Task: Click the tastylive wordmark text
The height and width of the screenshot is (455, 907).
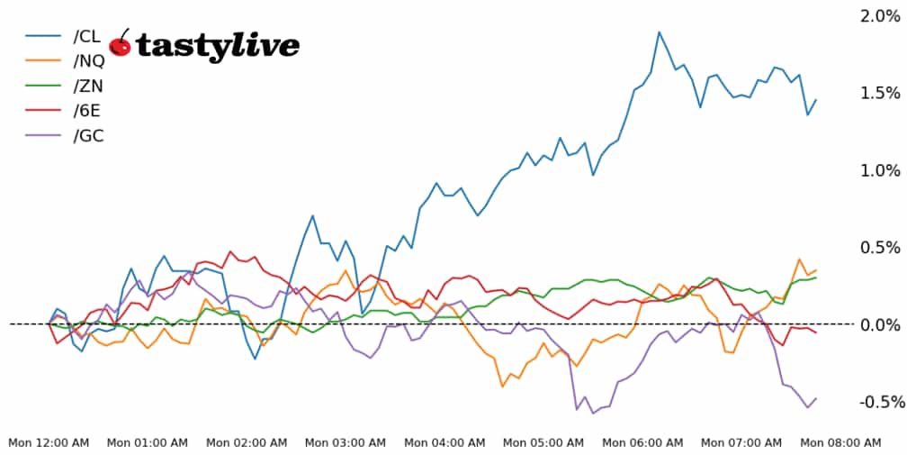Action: [218, 46]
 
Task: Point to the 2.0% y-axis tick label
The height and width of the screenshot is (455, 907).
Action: [880, 16]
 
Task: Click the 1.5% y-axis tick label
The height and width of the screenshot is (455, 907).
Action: [880, 94]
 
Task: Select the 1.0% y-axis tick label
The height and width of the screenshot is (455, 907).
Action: [880, 170]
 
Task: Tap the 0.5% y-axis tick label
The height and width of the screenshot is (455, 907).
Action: [880, 248]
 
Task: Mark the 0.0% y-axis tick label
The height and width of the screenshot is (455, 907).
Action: [880, 324]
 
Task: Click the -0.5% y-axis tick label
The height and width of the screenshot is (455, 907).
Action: [877, 402]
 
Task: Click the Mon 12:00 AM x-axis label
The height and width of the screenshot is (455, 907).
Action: [49, 442]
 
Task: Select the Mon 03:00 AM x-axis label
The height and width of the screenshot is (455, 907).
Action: [346, 442]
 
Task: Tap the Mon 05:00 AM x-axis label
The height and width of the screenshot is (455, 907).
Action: [543, 442]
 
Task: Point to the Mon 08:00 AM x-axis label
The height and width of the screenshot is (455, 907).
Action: [840, 442]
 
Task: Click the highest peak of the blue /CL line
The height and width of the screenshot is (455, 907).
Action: [660, 32]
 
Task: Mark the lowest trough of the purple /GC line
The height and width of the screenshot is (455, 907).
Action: [593, 413]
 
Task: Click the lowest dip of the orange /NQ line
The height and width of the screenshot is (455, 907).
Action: [503, 386]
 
